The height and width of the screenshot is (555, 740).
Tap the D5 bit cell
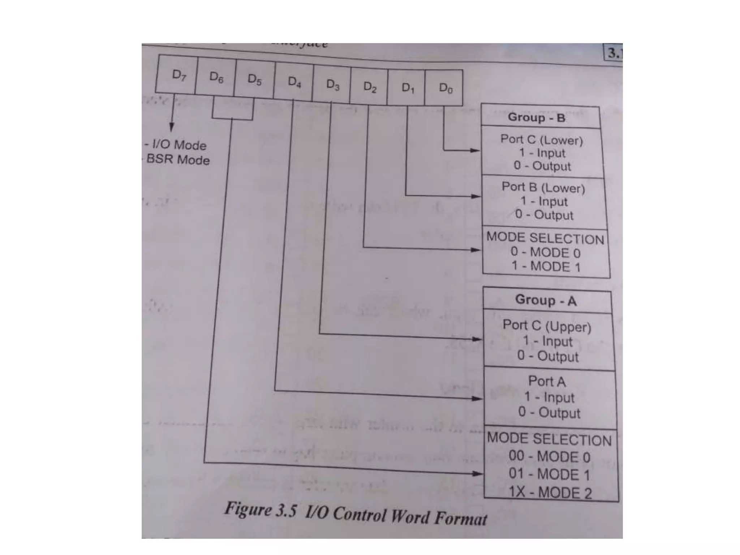tap(254, 80)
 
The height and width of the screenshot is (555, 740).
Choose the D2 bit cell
tap(369, 87)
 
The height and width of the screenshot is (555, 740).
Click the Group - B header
tap(537, 117)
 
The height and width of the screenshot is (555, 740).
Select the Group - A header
tap(546, 300)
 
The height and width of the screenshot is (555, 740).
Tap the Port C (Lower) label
tap(541, 139)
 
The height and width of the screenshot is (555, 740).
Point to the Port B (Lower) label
tap(543, 188)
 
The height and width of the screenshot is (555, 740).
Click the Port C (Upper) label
tap(547, 326)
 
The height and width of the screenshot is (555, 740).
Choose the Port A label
tap(547, 381)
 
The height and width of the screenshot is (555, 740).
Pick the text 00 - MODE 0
tap(549, 457)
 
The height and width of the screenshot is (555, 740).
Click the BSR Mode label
tap(178, 159)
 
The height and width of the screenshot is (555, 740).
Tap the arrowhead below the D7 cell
tap(172, 127)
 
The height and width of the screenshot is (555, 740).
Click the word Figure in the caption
tap(247, 509)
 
